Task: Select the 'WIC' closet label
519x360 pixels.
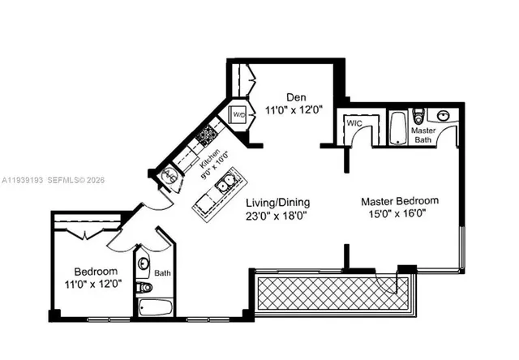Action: click(354, 122)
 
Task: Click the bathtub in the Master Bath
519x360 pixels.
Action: click(397, 128)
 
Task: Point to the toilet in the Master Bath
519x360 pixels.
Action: click(418, 118)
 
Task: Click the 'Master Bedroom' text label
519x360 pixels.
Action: click(400, 200)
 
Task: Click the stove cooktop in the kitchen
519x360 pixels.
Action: click(207, 132)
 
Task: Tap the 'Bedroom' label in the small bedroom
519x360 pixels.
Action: click(96, 271)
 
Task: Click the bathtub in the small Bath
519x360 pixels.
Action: click(156, 308)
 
